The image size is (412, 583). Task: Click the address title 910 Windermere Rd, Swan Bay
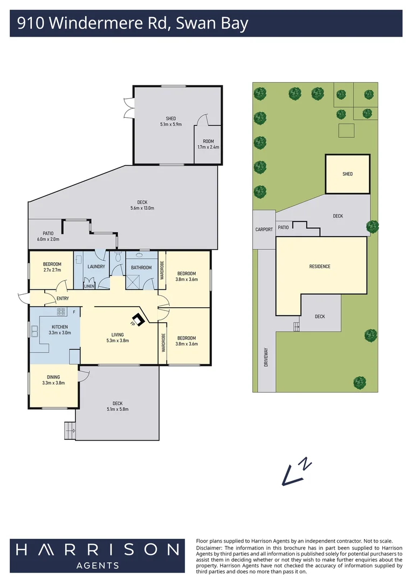pyautogui.click(x=132, y=24)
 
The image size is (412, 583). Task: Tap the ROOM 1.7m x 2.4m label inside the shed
pyautogui.click(x=208, y=144)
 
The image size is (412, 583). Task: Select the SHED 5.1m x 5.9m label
pyautogui.click(x=170, y=121)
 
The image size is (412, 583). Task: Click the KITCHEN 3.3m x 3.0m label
pyautogui.click(x=60, y=330)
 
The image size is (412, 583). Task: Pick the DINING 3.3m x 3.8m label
pyautogui.click(x=53, y=380)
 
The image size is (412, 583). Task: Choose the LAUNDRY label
pyautogui.click(x=95, y=267)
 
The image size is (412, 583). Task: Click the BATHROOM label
pyautogui.click(x=142, y=267)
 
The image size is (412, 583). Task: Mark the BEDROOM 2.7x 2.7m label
pyautogui.click(x=52, y=267)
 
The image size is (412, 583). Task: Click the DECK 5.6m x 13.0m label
pyautogui.click(x=142, y=205)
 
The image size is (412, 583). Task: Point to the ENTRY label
pyautogui.click(x=63, y=298)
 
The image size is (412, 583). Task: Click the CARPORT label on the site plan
pyautogui.click(x=264, y=229)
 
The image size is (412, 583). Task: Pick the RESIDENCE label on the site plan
pyautogui.click(x=320, y=267)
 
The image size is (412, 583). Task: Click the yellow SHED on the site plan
pyautogui.click(x=347, y=174)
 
